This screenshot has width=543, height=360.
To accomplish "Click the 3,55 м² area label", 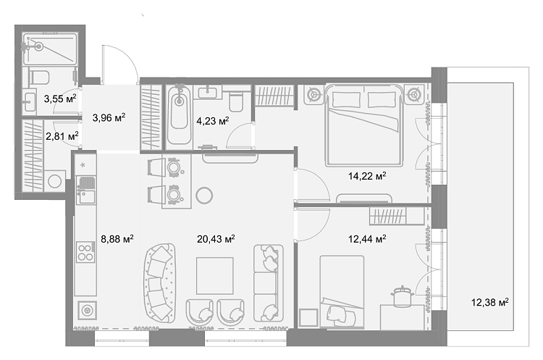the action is pos(60,99).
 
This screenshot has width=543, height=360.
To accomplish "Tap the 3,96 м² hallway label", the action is pos(109,118).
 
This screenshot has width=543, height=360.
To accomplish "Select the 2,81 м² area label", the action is pos(62,136).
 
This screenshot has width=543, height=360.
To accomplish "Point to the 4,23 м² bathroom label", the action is pos(213,121).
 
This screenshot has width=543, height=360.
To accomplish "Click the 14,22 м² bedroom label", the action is pos(367,176).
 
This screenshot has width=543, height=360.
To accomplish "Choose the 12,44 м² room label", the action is pos(367,239).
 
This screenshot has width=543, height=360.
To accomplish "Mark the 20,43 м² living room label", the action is pos(216,239).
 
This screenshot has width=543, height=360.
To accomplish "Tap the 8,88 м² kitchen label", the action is pos(117,239).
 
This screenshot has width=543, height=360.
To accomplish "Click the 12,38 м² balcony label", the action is pos(489,302).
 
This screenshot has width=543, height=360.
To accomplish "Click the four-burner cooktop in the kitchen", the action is pos(85,252).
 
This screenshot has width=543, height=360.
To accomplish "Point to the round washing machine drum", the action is pos(55,181).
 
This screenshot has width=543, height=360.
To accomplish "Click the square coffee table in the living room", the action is pos(215,276).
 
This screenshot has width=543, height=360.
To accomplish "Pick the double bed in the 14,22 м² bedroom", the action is pos(364,125).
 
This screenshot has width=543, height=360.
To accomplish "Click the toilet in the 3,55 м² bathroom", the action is pos(39,77).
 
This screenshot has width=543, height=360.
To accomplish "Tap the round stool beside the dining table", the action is pos(204,196).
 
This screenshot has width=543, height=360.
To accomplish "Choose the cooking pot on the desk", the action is pos(402,296).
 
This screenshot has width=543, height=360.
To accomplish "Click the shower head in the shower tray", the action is pos(38,46).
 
